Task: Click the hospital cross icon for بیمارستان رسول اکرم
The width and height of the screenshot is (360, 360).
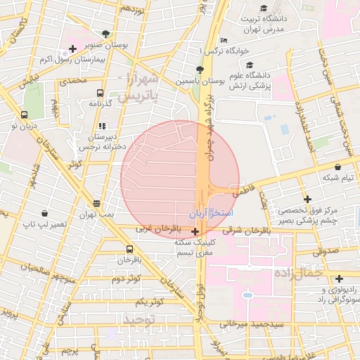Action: coord(72,49)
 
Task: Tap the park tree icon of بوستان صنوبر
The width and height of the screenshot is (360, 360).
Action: coord(105,33)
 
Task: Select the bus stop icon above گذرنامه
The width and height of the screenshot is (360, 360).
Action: coord(100,93)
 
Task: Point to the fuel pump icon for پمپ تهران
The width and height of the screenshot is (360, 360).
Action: coord(96,203)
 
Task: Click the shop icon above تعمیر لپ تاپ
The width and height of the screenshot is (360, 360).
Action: coord(45,213)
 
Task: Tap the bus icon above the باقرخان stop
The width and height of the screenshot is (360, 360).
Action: coord(129,249)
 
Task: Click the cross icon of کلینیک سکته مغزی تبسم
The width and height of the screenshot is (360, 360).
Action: coord(195,230)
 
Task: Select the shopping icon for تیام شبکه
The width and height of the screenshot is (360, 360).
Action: coord(339,167)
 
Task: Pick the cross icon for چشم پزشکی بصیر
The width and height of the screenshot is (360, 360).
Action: coord(307,200)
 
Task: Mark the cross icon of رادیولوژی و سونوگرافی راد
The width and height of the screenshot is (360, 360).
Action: coord(340,278)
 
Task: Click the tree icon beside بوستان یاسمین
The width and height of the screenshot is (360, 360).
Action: coord(200,70)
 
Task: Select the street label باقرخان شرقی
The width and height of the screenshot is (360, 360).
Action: coord(241,229)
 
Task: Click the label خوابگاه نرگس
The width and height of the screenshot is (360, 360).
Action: coord(221,51)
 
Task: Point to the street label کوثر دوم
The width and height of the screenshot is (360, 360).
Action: coord(127,279)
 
